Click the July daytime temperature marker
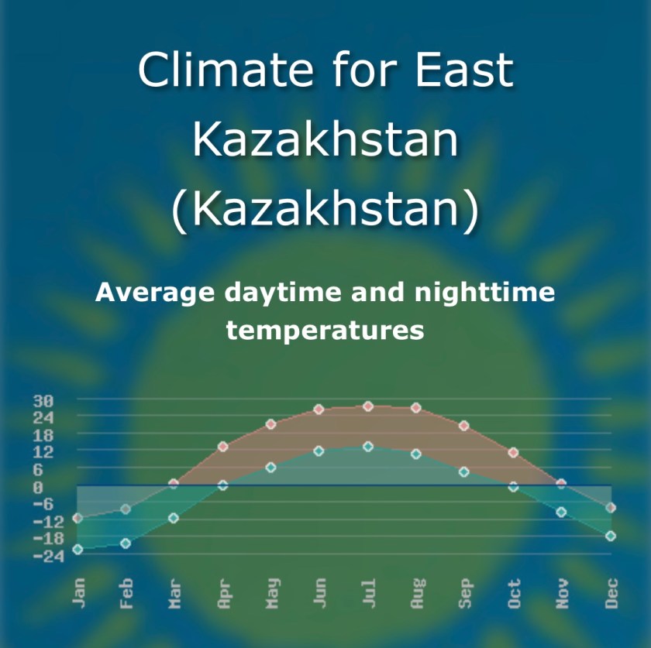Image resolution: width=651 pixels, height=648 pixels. coord(368,406)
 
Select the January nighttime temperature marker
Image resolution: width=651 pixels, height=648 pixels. coord(77,549)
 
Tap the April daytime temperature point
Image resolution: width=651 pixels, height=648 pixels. coord(223,447)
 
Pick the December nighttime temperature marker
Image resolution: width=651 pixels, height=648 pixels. coord(611,536)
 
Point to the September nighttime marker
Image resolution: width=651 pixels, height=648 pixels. coord(463,471)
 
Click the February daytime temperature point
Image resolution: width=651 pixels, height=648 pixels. coord(126,509)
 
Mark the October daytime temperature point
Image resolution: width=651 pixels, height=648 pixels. coord(513,452)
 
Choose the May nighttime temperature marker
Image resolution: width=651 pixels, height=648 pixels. coord(270,468)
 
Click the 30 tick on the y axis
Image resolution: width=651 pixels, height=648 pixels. coord(43,401)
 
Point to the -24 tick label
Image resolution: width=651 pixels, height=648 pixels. coord(43,557)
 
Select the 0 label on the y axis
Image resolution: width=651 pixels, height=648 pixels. coord(38,488)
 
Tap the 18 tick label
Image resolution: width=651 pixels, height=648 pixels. coord(43,436)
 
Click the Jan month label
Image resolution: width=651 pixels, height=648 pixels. coord(78,593)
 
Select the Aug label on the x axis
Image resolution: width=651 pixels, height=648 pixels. coord(418,593)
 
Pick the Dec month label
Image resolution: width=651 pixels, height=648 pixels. coord(611,593)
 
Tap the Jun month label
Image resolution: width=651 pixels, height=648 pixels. coord(320,593)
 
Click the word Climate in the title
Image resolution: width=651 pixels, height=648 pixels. coord(226,69)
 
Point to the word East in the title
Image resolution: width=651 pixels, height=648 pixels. coord(464,69)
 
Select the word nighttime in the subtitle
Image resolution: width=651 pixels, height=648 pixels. coord(484,293)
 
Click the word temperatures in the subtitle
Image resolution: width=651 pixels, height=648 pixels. coord(325,331)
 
